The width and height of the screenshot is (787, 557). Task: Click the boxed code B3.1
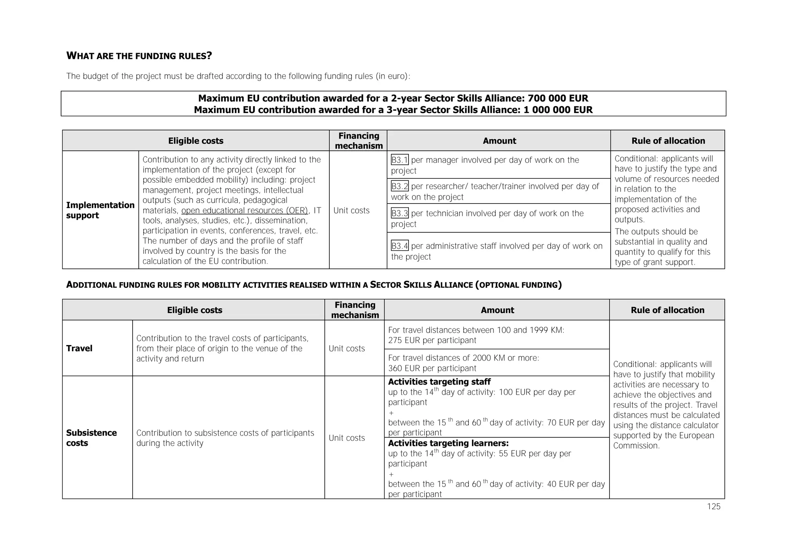tap(399, 160)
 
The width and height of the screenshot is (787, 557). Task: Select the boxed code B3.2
tap(399, 187)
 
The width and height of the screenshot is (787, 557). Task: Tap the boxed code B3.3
tap(399, 213)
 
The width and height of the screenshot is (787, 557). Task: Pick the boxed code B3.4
tap(399, 246)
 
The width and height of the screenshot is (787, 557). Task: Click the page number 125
tap(713, 507)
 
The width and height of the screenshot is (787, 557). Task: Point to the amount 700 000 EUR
tap(558, 98)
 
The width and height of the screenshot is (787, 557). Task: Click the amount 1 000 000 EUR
tap(558, 110)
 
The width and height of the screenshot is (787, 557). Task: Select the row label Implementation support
tap(100, 210)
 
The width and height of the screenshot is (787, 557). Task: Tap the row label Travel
tap(79, 349)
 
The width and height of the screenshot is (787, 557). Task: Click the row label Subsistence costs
tap(91, 438)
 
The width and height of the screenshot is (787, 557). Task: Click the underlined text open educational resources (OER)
tap(244, 211)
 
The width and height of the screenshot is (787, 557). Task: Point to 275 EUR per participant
tap(432, 340)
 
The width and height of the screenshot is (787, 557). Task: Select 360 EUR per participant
tap(432, 369)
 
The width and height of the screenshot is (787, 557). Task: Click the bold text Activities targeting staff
tap(439, 382)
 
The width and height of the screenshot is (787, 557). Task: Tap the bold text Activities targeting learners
tap(448, 443)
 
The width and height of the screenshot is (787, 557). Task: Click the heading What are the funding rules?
tap(139, 56)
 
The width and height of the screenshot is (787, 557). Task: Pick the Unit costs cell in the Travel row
tap(347, 349)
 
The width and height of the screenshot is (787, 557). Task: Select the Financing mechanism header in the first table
tap(358, 141)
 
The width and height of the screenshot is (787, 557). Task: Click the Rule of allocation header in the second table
tap(667, 310)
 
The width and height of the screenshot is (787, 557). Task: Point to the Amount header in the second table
tap(497, 310)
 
